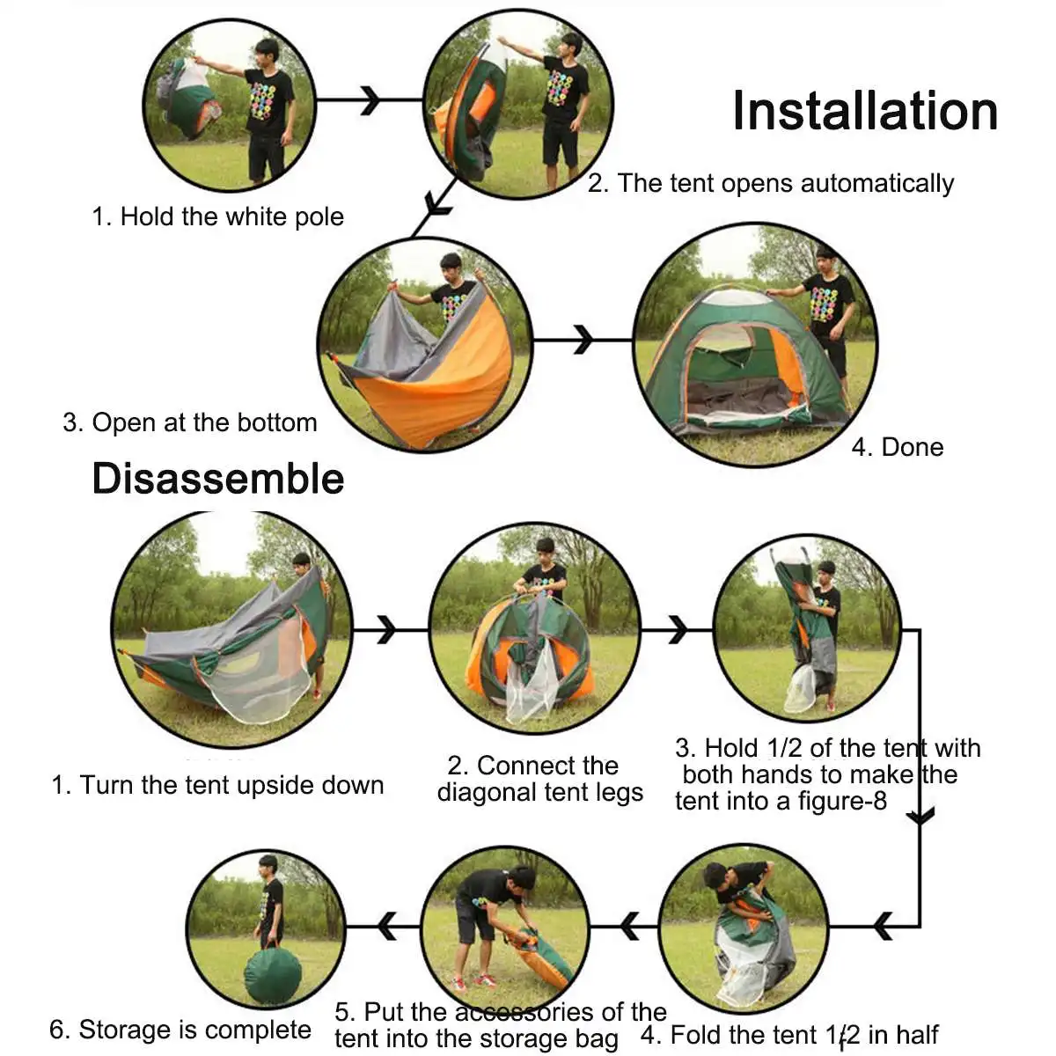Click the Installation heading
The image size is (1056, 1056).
coord(865,111)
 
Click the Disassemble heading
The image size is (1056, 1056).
coord(218,479)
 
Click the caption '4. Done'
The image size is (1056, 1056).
coord(897,448)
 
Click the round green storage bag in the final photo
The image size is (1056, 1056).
coord(272,972)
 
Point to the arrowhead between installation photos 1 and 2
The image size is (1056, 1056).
coord(370,100)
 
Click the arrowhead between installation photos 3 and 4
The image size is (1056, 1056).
coord(583,340)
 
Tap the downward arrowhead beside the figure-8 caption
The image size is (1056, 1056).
coord(920,817)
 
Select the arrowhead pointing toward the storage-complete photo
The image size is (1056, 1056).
coord(388,926)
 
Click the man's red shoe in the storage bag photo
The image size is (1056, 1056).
coord(484,979)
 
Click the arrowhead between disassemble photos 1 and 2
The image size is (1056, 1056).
coord(387,629)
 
